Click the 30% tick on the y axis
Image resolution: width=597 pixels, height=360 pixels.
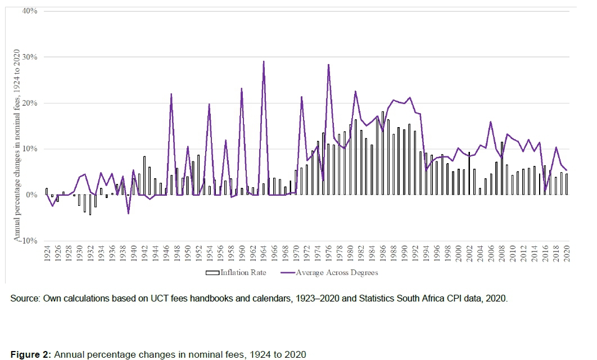[x=29, y=57]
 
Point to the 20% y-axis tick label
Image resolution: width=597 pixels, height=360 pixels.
[x=29, y=103]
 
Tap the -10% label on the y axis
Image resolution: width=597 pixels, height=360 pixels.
[x=28, y=240]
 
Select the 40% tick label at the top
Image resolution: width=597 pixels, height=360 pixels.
[x=29, y=11]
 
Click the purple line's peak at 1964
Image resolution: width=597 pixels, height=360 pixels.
[x=264, y=61]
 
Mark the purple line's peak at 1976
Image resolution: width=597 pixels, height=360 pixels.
[x=328, y=65]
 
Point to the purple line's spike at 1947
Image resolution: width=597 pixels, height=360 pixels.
[x=171, y=94]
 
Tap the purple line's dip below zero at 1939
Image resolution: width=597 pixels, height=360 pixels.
[x=128, y=213]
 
